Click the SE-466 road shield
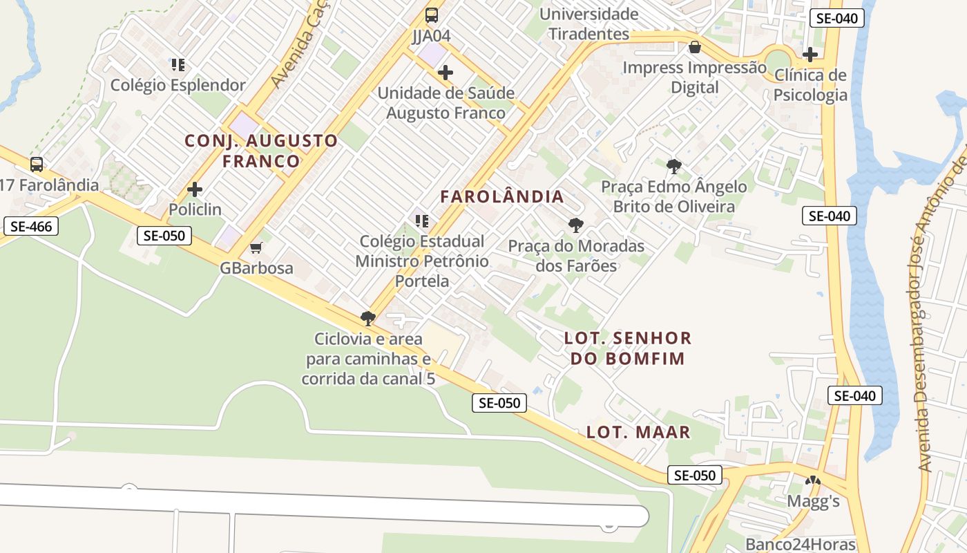[31, 226]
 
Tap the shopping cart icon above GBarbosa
[256, 247]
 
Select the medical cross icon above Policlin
[195, 189]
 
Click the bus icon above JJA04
[432, 15]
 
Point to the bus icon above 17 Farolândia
[37, 165]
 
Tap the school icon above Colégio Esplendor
[178, 65]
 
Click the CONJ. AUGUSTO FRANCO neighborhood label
[261, 151]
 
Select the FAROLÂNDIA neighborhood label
[502, 196]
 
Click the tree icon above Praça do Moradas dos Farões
[575, 225]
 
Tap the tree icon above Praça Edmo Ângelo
[673, 166]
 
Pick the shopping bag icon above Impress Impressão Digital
[695, 47]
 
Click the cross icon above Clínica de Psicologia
[810, 54]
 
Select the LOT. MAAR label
[638, 433]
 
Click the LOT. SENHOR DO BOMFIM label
[627, 348]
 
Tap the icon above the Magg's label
[813, 481]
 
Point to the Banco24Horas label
[800, 544]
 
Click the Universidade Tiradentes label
[588, 24]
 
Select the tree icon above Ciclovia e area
[368, 319]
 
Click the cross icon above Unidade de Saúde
[446, 72]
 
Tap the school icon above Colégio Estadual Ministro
[421, 221]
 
